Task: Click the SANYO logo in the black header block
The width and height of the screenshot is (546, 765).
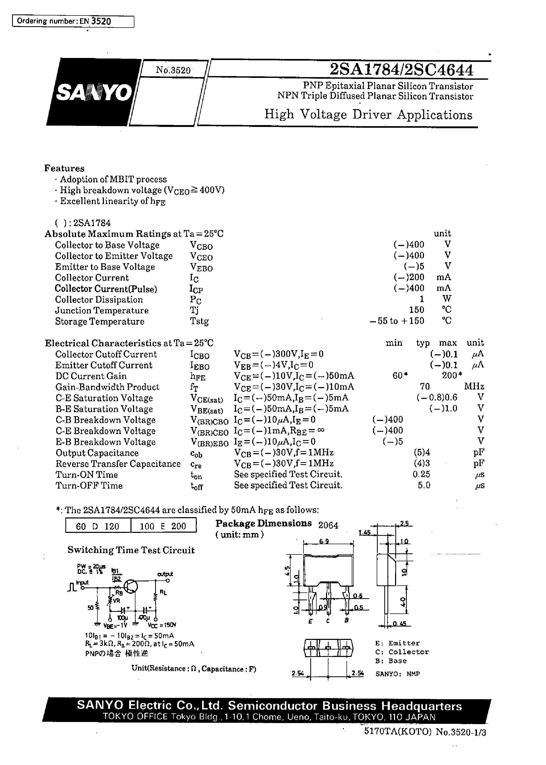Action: point(93,92)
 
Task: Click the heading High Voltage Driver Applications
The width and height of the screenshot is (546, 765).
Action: point(368,115)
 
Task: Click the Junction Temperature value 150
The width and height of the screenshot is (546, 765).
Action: point(417,310)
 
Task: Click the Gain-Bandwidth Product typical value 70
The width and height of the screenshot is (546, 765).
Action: point(425,386)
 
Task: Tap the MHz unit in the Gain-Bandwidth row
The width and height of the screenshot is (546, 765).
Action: point(474,386)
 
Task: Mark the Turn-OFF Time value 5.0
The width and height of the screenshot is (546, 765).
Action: point(424,485)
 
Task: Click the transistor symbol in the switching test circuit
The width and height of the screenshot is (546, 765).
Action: point(130,586)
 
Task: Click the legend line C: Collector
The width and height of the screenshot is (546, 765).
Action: point(402,652)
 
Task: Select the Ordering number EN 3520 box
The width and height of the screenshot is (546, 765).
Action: point(73,22)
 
